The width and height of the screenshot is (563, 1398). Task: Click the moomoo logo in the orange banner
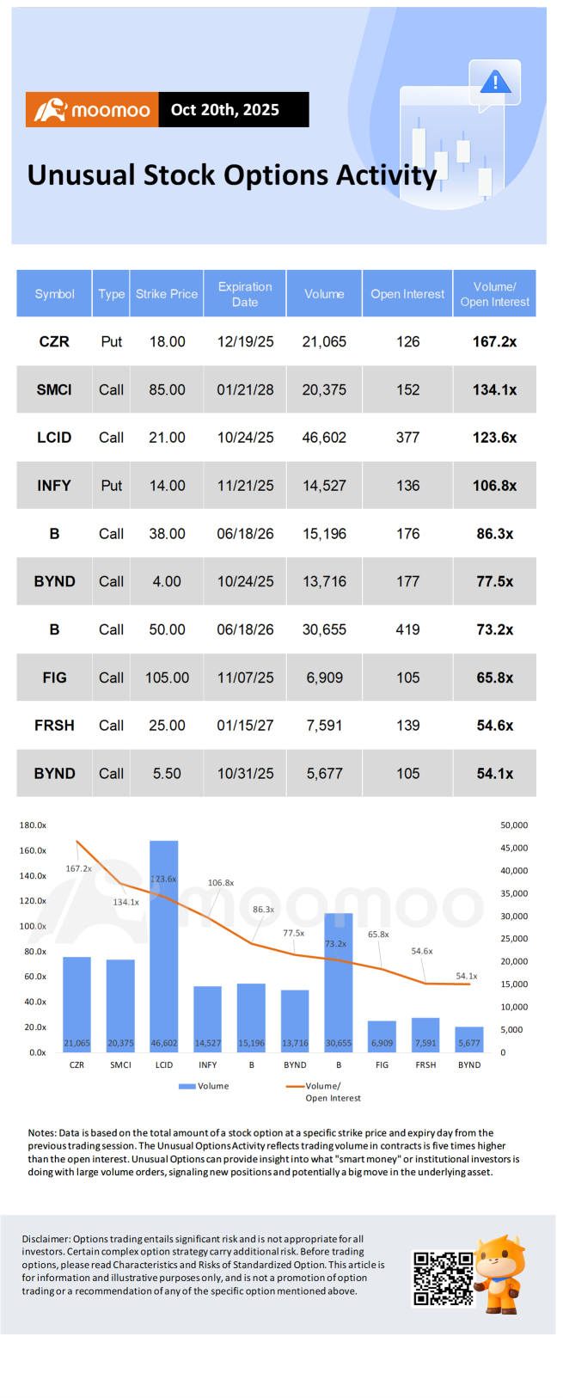(x=92, y=110)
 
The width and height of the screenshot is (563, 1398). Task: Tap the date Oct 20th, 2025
(x=225, y=110)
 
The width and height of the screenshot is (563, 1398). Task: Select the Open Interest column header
(x=407, y=294)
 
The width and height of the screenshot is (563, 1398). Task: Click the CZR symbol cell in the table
(x=54, y=341)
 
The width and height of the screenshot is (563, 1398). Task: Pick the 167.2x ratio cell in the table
(x=494, y=341)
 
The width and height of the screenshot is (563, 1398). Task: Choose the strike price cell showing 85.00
(x=167, y=389)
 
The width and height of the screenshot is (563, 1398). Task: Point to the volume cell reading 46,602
(x=324, y=438)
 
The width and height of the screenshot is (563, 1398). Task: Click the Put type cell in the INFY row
(x=112, y=486)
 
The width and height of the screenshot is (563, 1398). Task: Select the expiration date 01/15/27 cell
(x=245, y=726)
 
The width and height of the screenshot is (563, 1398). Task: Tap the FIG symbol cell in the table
(x=54, y=678)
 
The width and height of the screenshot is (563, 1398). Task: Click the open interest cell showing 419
(x=407, y=629)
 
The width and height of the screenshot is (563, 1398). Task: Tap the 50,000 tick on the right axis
(x=514, y=825)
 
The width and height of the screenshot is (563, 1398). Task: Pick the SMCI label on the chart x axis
(x=120, y=1065)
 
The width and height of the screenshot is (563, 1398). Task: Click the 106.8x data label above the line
(x=221, y=883)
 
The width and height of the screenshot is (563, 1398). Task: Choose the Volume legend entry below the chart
(x=205, y=1087)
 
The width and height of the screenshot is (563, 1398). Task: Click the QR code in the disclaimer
(x=444, y=1278)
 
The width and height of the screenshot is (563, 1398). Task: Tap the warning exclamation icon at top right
(x=495, y=83)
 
